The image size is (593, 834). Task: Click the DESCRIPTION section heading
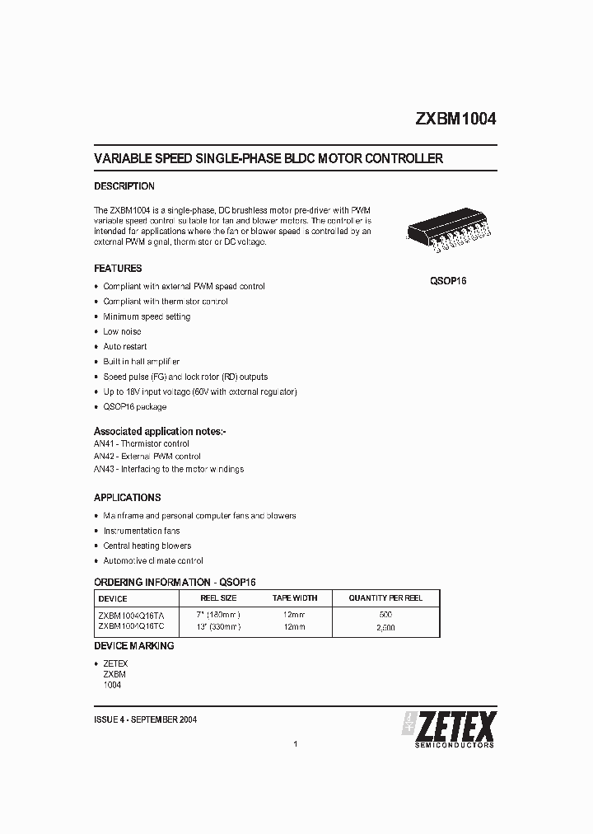[124, 186]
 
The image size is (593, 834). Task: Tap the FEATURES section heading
[118, 269]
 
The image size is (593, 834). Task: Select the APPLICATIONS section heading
[127, 498]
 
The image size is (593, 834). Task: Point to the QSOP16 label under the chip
[448, 281]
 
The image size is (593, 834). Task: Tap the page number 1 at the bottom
[295, 744]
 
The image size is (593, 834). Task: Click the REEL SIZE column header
[219, 597]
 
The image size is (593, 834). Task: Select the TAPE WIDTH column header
[294, 597]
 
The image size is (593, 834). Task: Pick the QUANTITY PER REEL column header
[385, 597]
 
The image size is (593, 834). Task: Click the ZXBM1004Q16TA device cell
[131, 615]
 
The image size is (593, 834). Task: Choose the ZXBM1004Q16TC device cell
[131, 626]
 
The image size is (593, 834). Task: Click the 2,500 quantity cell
[385, 626]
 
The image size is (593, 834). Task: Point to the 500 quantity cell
[385, 615]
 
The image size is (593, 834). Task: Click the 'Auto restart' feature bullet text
[125, 347]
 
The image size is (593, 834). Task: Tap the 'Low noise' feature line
[122, 331]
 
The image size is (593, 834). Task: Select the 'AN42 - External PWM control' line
[147, 457]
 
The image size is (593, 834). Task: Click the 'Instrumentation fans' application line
[141, 531]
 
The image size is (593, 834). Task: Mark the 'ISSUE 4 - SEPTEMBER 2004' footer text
[145, 719]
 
